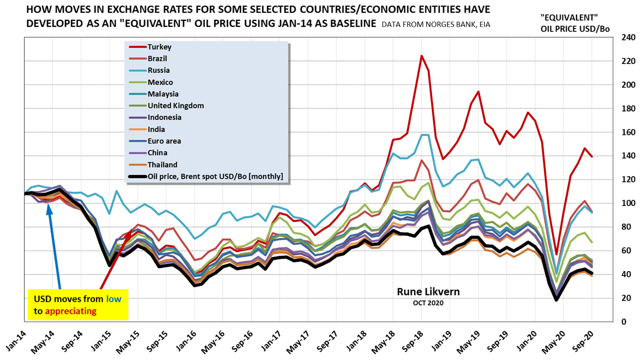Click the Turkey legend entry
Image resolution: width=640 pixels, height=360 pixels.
tap(159, 47)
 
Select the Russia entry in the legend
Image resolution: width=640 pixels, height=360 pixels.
tap(158, 70)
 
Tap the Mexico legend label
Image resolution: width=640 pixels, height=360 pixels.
tap(160, 82)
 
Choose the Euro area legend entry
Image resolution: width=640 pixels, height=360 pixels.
tap(164, 141)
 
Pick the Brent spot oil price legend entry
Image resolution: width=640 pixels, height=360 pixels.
tap(215, 176)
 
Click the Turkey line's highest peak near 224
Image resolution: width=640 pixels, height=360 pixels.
tap(421, 55)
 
